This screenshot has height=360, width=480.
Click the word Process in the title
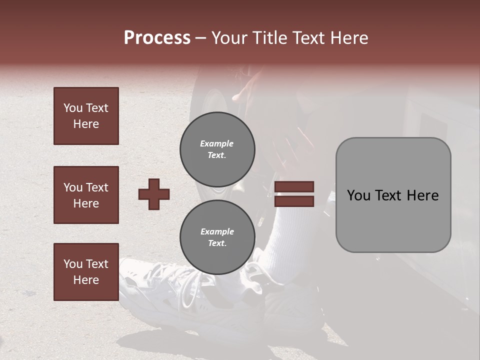157,38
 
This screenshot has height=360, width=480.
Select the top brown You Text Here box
86,116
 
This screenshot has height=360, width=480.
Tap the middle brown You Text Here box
86,195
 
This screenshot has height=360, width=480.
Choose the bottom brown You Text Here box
86,272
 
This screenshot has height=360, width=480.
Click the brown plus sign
154,194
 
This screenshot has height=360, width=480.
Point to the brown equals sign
294,194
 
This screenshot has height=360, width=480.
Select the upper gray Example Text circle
217,149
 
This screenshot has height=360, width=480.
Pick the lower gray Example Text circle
217,237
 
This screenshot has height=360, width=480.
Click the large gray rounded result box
393,195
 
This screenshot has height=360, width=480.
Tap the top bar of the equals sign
294,187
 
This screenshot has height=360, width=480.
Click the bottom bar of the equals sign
294,201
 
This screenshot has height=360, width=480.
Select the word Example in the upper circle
217,143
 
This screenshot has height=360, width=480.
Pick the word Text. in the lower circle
217,243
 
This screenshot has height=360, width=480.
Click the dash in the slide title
200,38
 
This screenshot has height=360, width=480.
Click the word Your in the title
227,38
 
